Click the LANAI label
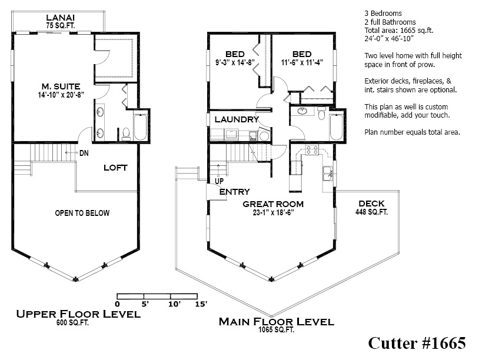(60, 17)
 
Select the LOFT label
(115, 167)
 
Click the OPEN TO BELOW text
(82, 213)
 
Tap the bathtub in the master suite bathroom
(141, 126)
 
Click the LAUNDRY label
(237, 119)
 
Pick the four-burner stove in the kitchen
(312, 150)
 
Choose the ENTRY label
(234, 192)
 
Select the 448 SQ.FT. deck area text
(371, 212)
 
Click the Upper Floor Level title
(78, 314)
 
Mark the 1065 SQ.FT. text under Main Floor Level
(276, 330)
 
